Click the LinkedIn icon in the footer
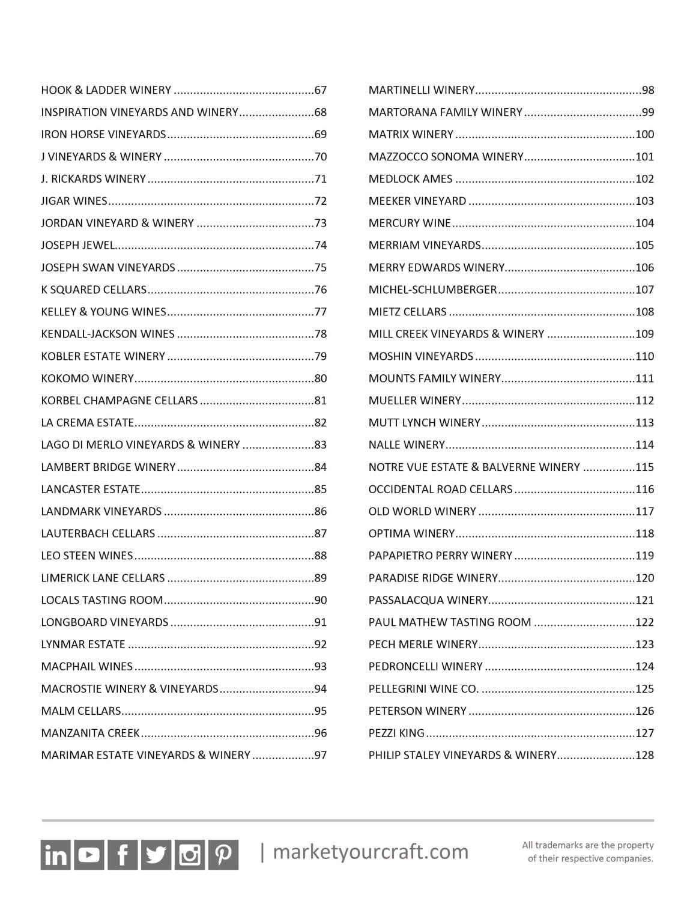(x=56, y=854)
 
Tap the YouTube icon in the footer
(x=89, y=854)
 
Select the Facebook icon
(x=123, y=854)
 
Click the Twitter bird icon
(x=156, y=854)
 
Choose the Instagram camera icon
(x=190, y=854)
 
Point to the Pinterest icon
(x=223, y=854)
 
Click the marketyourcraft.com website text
(x=371, y=852)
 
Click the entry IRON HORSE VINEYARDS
(x=103, y=135)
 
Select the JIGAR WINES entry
(x=74, y=201)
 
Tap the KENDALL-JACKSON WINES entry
(x=107, y=334)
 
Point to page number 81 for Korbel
(x=321, y=401)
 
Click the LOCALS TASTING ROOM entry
(x=101, y=600)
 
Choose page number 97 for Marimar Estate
(x=321, y=755)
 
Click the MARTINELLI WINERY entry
(x=422, y=90)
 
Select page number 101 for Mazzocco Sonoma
(x=644, y=157)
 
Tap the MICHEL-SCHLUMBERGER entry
(x=432, y=290)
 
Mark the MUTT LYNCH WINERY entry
(x=425, y=423)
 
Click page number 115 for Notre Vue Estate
(x=644, y=467)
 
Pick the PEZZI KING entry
(x=396, y=733)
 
